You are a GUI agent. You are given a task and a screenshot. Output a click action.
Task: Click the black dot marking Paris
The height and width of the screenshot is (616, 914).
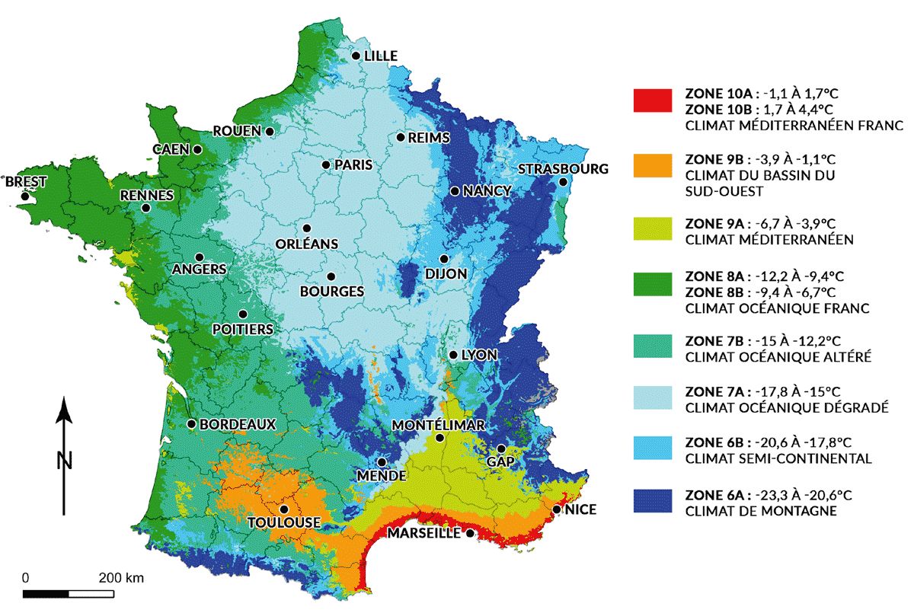pyautogui.click(x=326, y=164)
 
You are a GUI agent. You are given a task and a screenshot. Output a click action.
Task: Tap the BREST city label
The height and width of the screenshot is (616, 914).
pyautogui.click(x=25, y=182)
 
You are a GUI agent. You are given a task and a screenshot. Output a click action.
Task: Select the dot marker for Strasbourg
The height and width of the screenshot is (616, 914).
pyautogui.click(x=562, y=182)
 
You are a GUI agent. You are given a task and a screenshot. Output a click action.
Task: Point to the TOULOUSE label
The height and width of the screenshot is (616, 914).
pyautogui.click(x=284, y=523)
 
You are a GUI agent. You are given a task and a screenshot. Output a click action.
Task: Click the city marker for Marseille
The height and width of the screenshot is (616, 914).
pyautogui.click(x=470, y=533)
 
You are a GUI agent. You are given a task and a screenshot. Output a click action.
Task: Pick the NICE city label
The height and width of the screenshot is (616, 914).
pyautogui.click(x=581, y=509)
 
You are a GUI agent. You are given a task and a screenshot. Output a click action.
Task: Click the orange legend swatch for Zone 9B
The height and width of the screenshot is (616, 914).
pyautogui.click(x=652, y=165)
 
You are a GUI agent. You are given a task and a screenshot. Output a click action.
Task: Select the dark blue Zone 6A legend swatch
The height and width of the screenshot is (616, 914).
pyautogui.click(x=652, y=500)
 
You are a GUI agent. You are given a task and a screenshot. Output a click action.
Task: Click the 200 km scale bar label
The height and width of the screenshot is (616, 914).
pyautogui.click(x=122, y=577)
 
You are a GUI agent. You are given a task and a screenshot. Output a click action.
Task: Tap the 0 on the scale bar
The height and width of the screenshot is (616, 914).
pyautogui.click(x=25, y=577)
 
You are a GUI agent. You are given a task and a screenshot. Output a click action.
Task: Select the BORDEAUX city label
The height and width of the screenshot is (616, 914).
pyautogui.click(x=238, y=424)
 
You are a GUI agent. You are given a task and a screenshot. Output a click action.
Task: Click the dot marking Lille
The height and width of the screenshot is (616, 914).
pyautogui.click(x=355, y=56)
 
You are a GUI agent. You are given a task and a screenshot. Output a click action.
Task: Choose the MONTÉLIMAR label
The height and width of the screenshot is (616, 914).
pyautogui.click(x=438, y=425)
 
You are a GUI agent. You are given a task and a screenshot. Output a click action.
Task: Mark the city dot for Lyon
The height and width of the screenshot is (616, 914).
pyautogui.click(x=453, y=356)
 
